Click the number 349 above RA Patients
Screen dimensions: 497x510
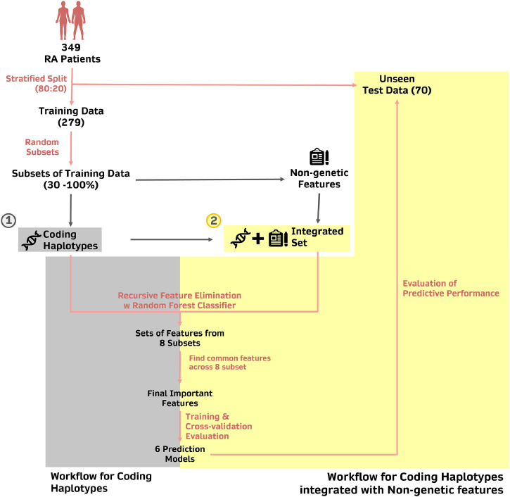(71, 47)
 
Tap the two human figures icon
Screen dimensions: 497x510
(71, 21)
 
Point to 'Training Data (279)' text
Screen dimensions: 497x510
(71, 116)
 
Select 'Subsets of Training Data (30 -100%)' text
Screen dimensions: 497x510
(71, 180)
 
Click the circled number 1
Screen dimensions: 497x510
(8, 220)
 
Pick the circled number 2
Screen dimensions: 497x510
(213, 220)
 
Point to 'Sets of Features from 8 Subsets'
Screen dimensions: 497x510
(179, 337)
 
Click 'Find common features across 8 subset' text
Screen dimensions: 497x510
(229, 363)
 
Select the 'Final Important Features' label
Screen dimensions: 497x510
(179, 398)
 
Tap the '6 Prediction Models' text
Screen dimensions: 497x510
(179, 453)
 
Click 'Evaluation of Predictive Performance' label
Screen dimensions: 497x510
(450, 288)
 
